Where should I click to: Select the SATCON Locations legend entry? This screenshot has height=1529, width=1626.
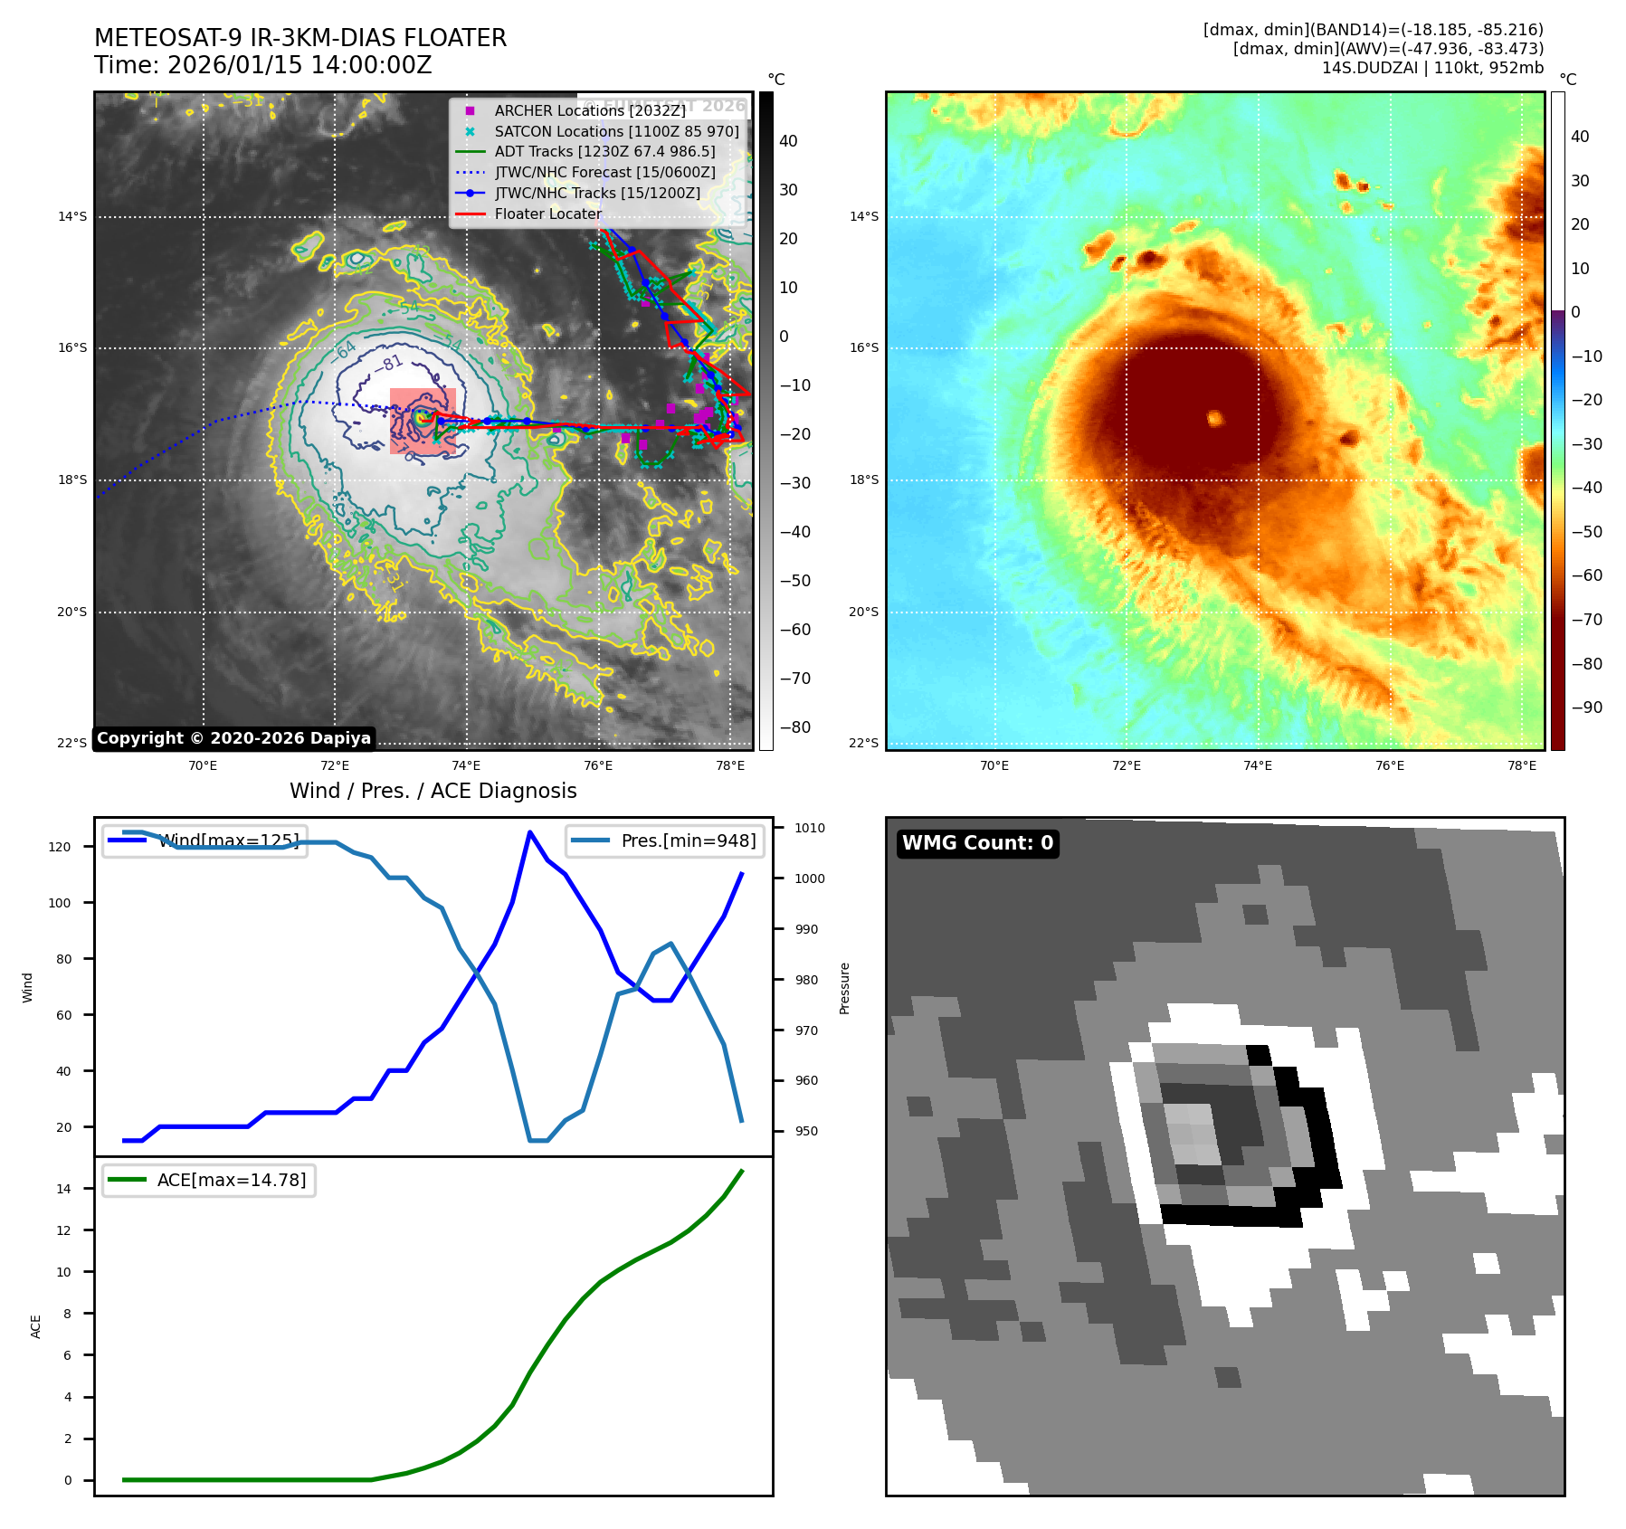point(616,131)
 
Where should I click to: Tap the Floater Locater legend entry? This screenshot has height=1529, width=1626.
point(547,214)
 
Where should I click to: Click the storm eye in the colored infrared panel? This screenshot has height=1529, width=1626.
point(1214,418)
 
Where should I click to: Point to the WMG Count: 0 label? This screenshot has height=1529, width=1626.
point(977,843)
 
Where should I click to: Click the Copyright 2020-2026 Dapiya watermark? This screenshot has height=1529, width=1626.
point(233,738)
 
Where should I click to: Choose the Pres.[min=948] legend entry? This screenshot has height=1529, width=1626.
point(688,840)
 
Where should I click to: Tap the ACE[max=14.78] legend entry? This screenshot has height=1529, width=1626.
point(231,1180)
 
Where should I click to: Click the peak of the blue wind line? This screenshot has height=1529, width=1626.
point(529,832)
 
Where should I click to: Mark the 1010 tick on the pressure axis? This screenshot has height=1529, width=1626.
point(809,828)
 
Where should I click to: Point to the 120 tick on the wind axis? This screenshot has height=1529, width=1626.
point(60,847)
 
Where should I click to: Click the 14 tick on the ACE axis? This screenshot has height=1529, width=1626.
point(63,1189)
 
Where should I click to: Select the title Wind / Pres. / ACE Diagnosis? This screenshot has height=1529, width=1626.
point(433,791)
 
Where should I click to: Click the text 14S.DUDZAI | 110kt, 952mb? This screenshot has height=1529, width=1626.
point(1432,68)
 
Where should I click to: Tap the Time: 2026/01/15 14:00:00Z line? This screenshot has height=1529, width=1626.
point(263,65)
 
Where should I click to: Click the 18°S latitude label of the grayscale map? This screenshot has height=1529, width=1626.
point(72,480)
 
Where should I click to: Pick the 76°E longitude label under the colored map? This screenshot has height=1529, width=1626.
point(1389,765)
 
